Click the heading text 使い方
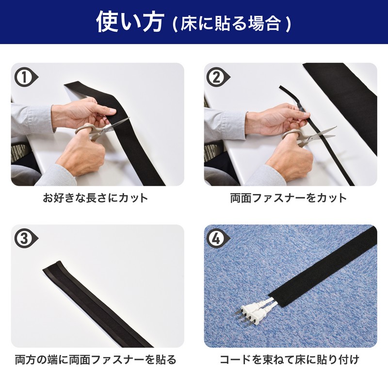tap(130, 22)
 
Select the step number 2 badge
tap(218, 77)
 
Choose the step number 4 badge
tap(218, 239)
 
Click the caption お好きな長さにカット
tap(96, 198)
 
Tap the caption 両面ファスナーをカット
tap(289, 198)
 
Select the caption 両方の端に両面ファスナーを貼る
tap(96, 359)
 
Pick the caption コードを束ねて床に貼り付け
tap(290, 359)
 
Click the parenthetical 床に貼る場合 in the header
tap(232, 24)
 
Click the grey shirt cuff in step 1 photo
tap(32, 119)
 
